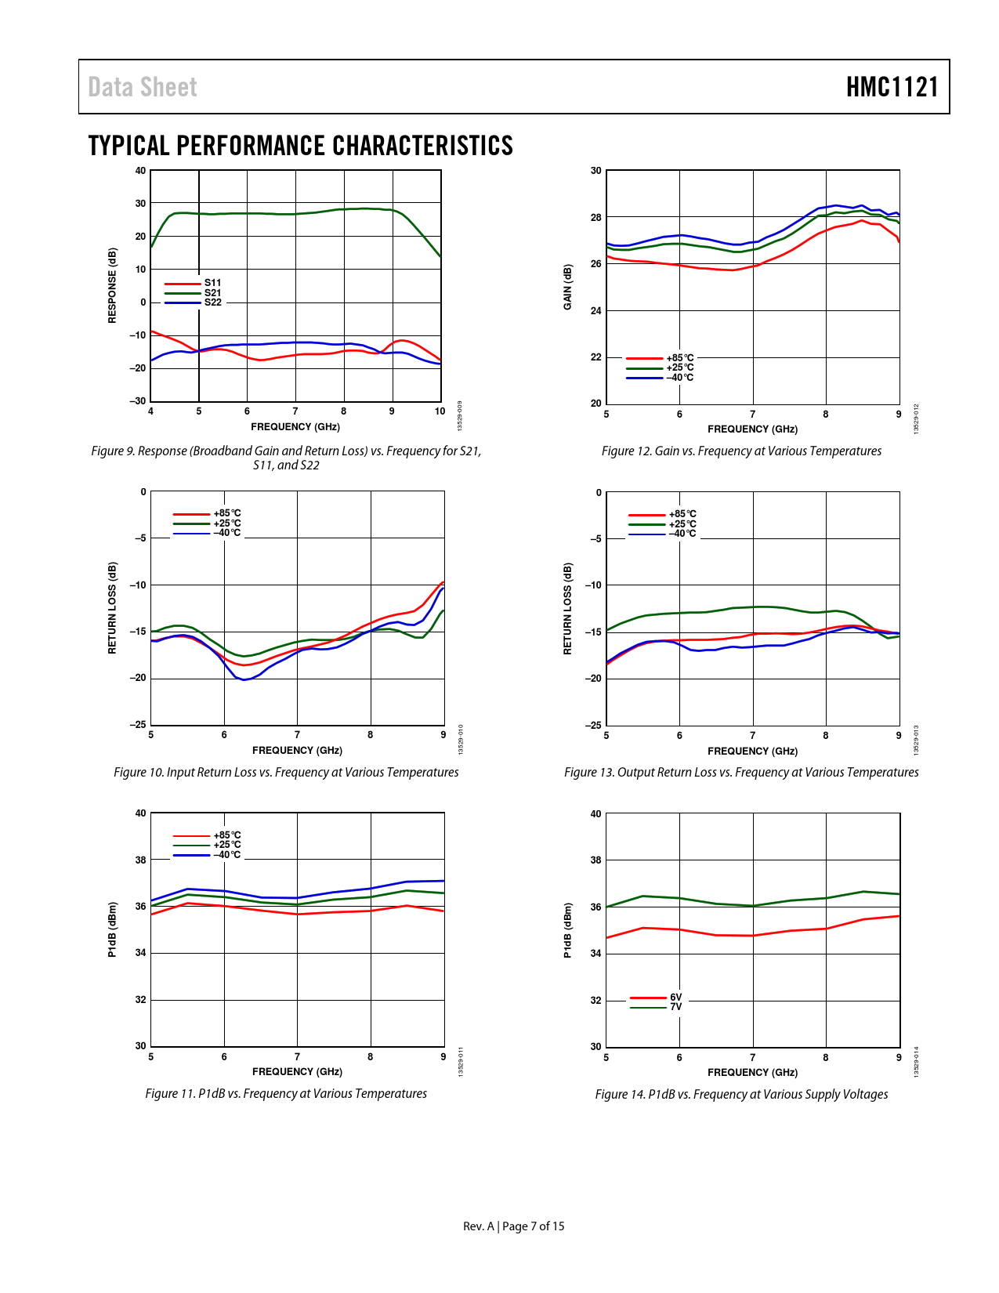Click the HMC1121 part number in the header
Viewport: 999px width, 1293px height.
892,87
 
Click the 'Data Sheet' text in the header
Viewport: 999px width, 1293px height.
142,87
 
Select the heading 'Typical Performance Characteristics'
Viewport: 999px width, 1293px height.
300,146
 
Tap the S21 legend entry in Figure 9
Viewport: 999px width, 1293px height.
212,293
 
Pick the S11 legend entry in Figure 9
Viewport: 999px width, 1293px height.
212,283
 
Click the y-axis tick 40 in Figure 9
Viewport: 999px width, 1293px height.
140,171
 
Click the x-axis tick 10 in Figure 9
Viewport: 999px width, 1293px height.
440,411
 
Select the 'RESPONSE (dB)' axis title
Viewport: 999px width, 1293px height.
112,285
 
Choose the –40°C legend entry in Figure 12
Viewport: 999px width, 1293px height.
679,378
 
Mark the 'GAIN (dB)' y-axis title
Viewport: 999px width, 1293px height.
568,287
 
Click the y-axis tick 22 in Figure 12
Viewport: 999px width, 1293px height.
596,357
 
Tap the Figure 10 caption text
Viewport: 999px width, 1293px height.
286,773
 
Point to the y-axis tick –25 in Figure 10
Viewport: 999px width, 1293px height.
138,725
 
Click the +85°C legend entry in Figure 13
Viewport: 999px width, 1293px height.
682,514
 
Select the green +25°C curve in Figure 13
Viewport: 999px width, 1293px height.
753,607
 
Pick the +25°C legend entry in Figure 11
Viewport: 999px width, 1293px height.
226,845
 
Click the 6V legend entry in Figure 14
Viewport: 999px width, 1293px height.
675,998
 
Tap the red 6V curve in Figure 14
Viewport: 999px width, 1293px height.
753,935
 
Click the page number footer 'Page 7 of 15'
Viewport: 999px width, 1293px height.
533,1226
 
